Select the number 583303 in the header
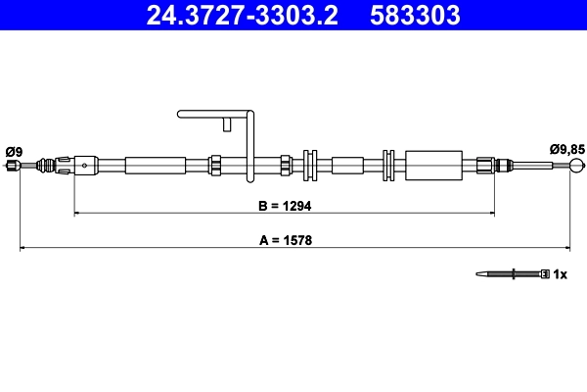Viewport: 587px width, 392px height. [x=415, y=16]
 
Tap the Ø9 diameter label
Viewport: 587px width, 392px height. [x=14, y=151]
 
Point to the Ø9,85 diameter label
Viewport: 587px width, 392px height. [x=567, y=149]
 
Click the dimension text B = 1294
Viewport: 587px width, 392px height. [x=284, y=208]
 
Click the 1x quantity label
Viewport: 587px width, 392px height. [x=561, y=274]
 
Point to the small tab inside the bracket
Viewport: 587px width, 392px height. [x=227, y=123]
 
